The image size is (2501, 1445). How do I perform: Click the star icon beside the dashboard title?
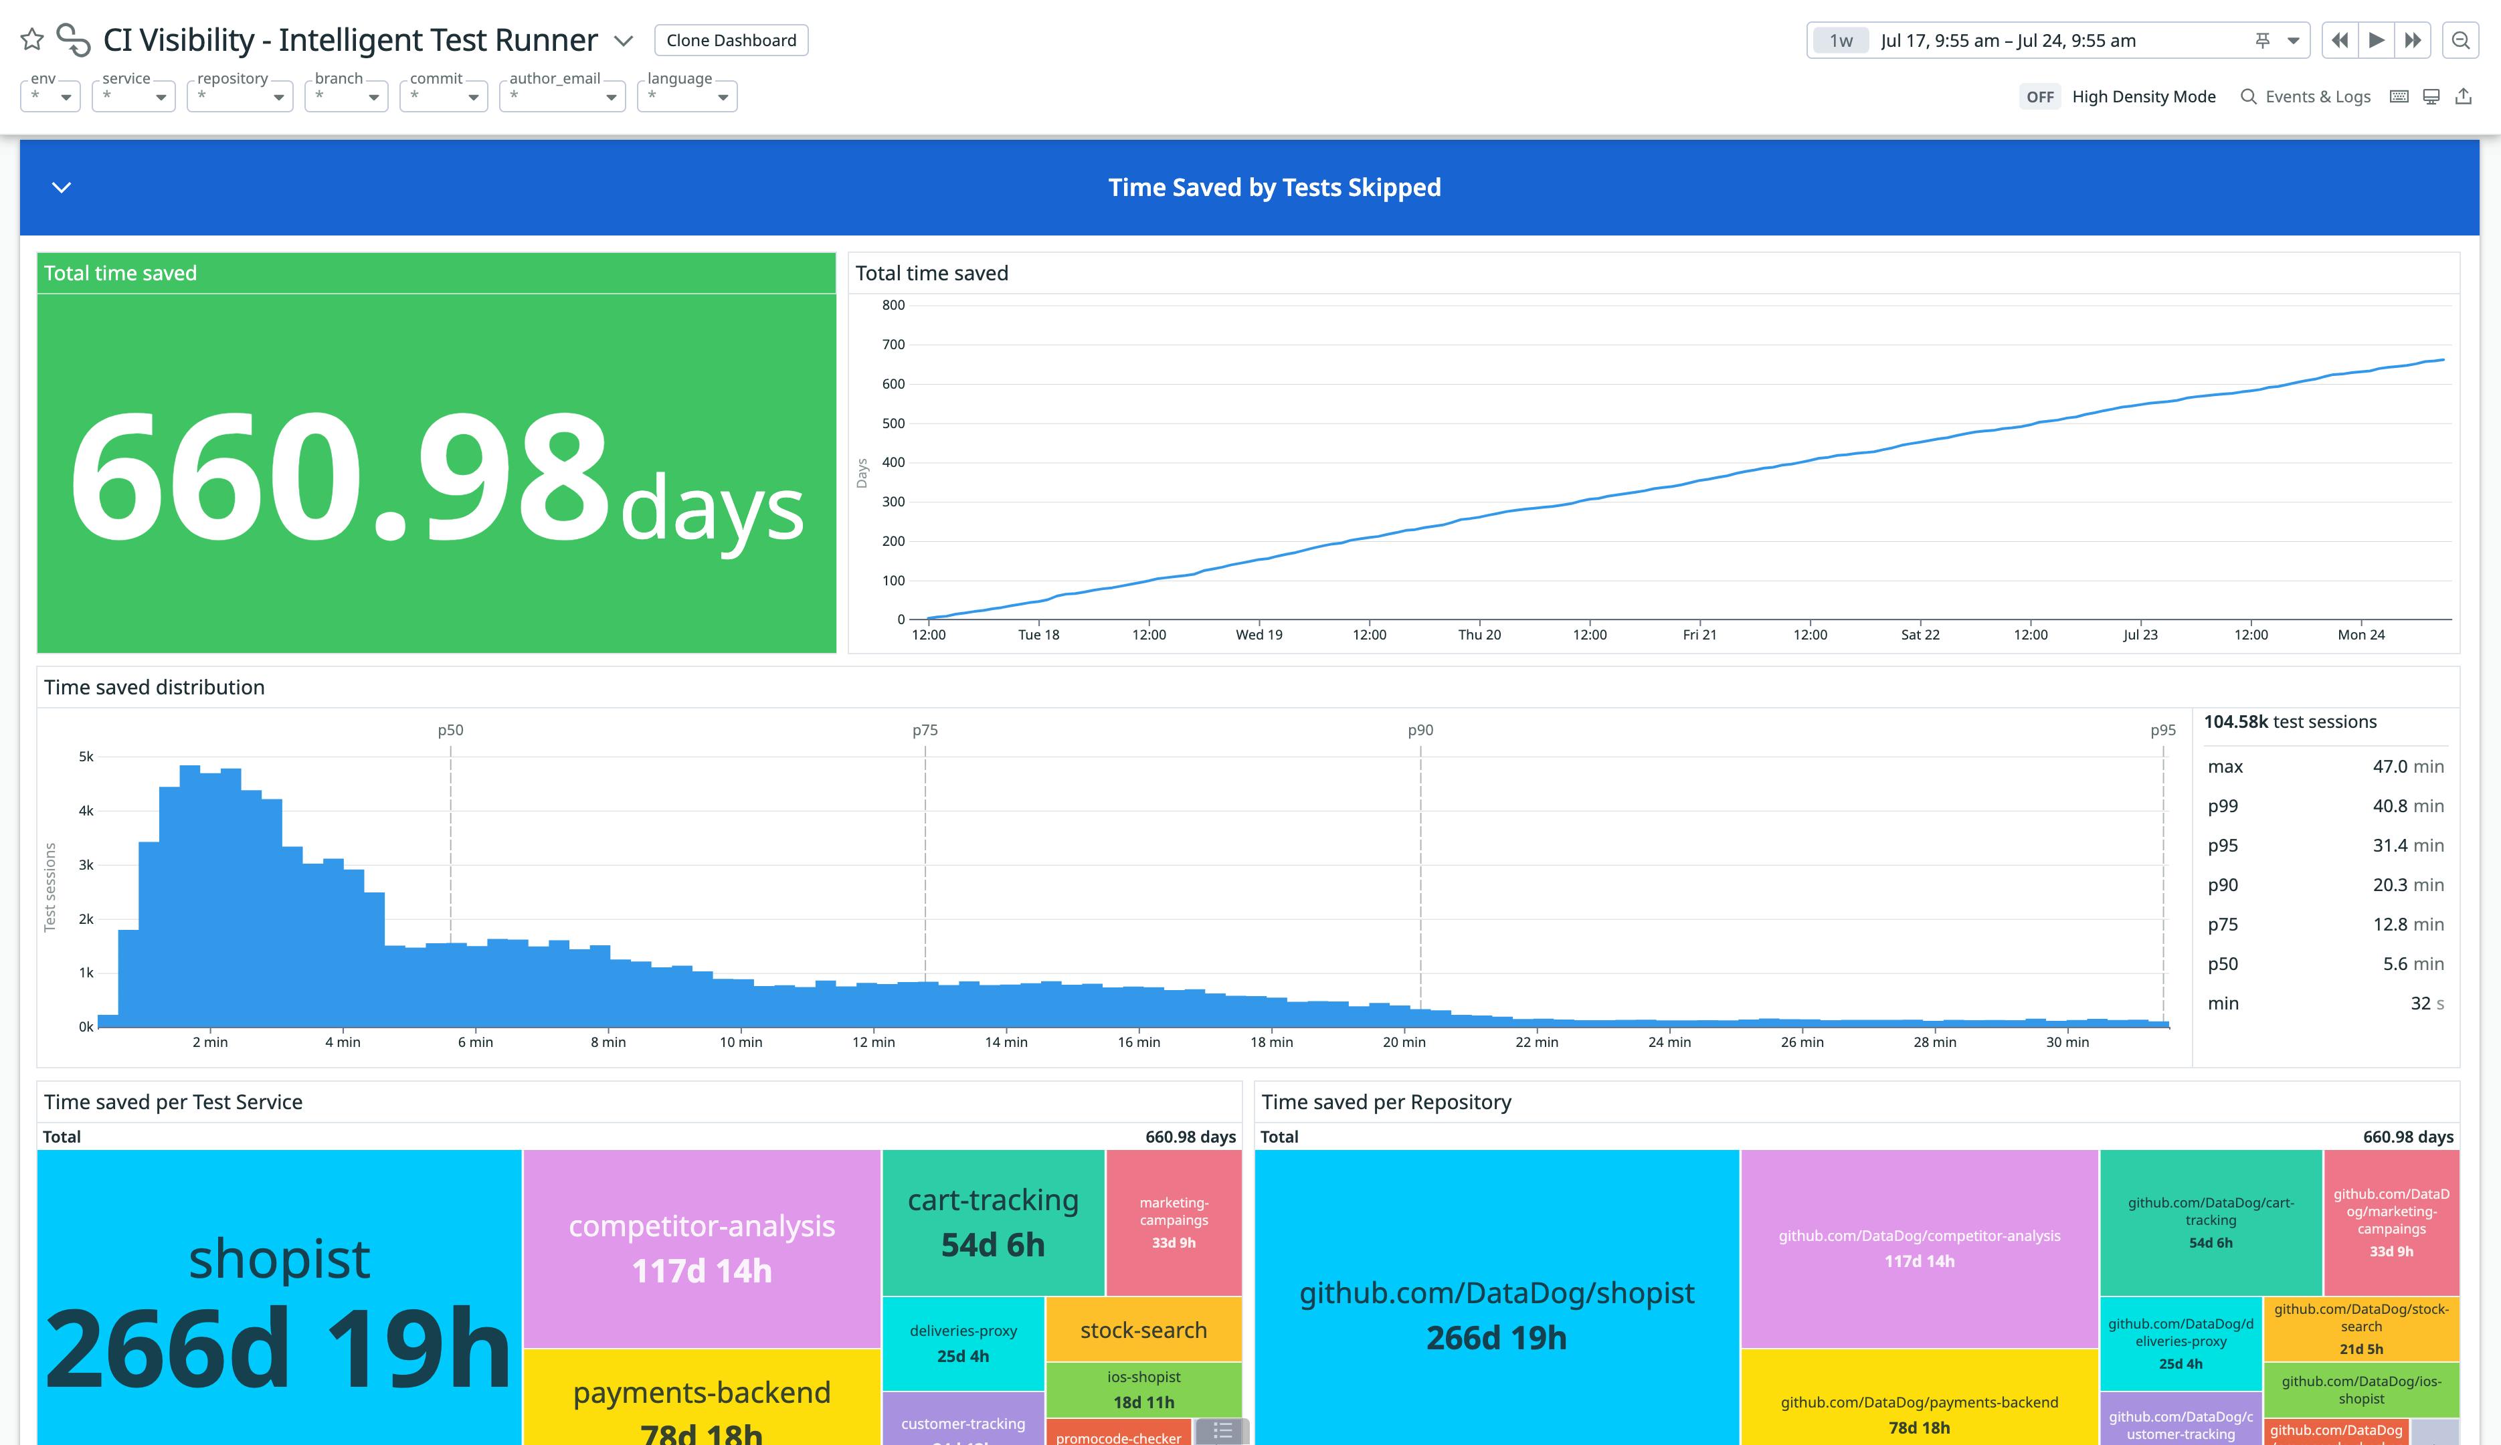31,39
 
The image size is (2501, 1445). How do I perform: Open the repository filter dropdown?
239,96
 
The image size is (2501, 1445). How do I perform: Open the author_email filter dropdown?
562,96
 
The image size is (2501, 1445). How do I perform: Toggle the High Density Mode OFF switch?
2039,96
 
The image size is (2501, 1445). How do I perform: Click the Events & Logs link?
2306,96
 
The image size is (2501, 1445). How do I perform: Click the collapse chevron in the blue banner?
62,187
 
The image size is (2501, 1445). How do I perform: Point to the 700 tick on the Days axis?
893,345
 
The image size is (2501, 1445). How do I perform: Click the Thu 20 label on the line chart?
1479,635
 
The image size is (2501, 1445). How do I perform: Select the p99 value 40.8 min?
2407,806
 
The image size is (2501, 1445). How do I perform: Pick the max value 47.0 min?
2407,766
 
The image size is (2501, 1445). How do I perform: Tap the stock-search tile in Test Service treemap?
1143,1330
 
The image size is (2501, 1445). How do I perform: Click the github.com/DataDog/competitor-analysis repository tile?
1918,1248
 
